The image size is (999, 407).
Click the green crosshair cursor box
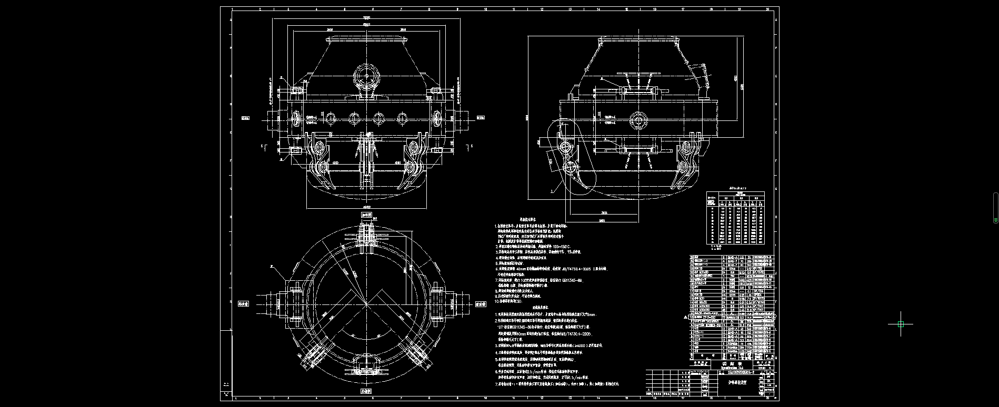point(901,324)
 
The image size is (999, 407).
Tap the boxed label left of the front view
point(245,118)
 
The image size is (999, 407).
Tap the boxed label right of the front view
point(480,118)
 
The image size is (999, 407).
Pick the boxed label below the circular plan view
point(366,391)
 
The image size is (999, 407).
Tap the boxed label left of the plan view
point(244,303)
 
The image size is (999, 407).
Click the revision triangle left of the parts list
point(685,318)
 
